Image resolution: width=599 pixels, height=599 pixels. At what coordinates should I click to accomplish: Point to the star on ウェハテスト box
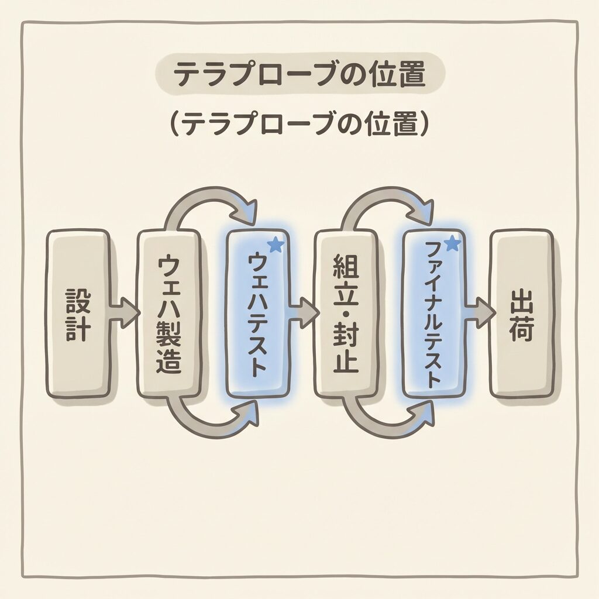coord(276,245)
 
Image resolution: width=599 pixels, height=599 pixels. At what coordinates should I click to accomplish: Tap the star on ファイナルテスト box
coord(452,243)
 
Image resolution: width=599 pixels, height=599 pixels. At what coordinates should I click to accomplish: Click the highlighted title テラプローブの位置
coord(299,76)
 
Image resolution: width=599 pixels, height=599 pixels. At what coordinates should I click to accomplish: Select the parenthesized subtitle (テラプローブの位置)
coord(299,124)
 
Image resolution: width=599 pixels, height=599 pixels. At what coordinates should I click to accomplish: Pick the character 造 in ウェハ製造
coord(168,362)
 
